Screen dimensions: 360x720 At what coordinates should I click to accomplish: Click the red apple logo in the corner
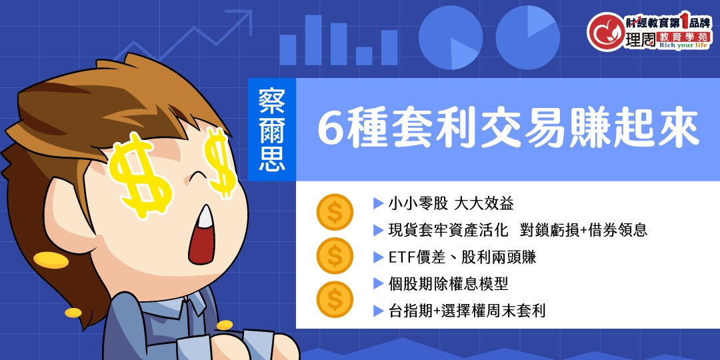point(605,31)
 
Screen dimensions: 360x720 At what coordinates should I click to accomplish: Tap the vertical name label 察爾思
point(271,131)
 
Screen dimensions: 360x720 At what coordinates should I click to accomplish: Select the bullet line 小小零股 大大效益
point(451,203)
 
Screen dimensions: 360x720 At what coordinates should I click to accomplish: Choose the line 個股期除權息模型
point(448,284)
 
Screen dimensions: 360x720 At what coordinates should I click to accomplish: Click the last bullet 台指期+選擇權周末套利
point(467,311)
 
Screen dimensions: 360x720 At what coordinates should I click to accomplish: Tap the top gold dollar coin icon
point(335,212)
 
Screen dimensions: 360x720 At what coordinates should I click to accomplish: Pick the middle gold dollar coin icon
point(335,255)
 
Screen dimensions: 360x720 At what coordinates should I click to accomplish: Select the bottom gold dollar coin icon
point(335,299)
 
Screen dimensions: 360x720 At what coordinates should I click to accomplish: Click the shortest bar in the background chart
point(364,55)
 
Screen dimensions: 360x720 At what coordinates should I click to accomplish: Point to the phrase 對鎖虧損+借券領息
point(586,231)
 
